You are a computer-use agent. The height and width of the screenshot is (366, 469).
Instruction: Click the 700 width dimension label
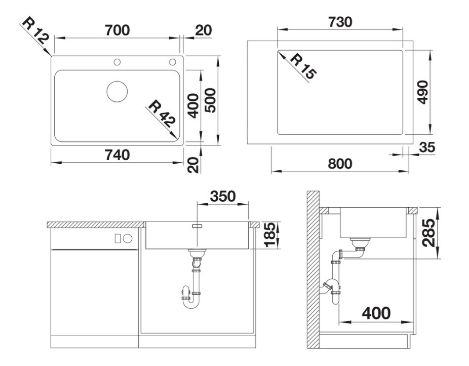click(118, 30)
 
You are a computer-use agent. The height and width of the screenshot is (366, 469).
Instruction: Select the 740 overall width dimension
click(118, 155)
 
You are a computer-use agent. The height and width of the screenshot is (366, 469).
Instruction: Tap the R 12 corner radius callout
click(35, 30)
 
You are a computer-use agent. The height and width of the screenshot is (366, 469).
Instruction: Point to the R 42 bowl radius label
click(162, 114)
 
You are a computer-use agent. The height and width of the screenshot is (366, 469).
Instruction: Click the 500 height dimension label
click(211, 100)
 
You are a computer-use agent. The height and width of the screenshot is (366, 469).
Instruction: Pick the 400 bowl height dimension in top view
click(194, 106)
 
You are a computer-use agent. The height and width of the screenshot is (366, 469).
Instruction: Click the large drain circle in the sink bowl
click(117, 91)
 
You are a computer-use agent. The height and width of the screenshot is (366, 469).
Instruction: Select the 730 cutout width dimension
click(340, 22)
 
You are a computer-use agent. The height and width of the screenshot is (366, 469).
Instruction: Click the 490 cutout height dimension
click(423, 92)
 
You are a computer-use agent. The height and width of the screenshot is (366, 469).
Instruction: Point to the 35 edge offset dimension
click(427, 147)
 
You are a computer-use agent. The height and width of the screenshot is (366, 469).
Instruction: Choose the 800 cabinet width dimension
click(340, 164)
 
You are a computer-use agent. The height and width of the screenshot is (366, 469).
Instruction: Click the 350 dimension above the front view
click(223, 196)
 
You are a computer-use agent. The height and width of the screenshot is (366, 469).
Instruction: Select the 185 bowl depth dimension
click(270, 235)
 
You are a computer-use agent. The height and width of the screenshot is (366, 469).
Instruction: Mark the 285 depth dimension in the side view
click(429, 233)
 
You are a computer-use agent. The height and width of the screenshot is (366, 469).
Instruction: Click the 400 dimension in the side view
click(376, 313)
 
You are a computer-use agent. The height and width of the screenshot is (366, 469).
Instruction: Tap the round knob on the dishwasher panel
click(128, 239)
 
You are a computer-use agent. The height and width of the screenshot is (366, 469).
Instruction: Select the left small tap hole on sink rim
click(117, 62)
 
